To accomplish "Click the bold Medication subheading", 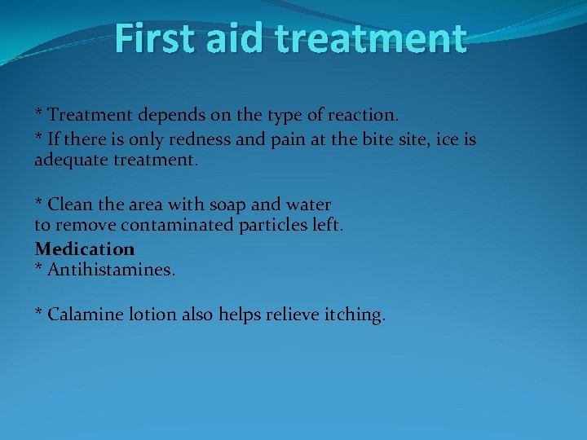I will click(84, 248).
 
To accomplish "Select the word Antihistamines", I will click(111, 268).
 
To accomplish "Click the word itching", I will click(352, 315).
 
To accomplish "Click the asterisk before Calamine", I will click(38, 312).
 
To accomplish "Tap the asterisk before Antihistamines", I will click(38, 266).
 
